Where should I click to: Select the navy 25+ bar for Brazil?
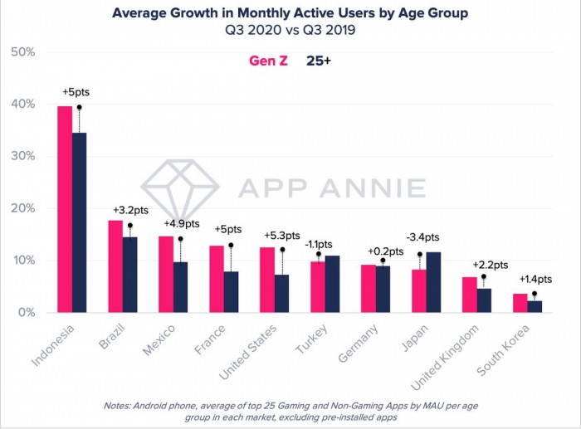(129, 275)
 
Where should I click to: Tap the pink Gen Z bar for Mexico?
(165, 274)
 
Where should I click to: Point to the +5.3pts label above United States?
(279, 235)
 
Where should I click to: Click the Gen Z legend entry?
(268, 61)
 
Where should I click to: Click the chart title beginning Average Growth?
(290, 13)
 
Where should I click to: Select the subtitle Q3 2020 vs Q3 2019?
(290, 31)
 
